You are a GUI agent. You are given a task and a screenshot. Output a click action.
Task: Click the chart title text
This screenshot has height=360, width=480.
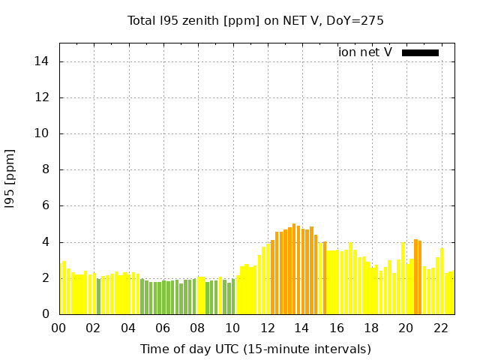pyautogui.click(x=255, y=21)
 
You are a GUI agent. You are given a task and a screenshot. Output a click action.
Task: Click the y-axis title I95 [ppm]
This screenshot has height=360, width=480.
pyautogui.click(x=10, y=178)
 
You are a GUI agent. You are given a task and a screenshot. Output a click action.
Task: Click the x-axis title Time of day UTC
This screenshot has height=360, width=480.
pyautogui.click(x=255, y=349)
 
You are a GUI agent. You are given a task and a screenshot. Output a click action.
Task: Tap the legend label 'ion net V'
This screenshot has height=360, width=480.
pyautogui.click(x=364, y=52)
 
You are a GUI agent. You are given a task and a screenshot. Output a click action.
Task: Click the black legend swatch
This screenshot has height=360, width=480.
pyautogui.click(x=420, y=52)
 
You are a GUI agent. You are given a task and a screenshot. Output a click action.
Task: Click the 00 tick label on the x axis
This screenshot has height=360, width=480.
pyautogui.click(x=58, y=328)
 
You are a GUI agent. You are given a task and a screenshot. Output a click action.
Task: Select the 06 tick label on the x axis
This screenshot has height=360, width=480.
pyautogui.click(x=163, y=328)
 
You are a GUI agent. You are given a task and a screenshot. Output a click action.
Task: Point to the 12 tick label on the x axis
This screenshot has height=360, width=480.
pyautogui.click(x=267, y=328)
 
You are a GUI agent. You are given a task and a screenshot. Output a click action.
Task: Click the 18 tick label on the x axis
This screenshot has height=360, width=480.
pyautogui.click(x=371, y=328)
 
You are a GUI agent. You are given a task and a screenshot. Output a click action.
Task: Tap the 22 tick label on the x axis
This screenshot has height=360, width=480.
pyautogui.click(x=440, y=328)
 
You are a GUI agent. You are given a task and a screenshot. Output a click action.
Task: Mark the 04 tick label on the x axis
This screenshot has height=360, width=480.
pyautogui.click(x=128, y=328)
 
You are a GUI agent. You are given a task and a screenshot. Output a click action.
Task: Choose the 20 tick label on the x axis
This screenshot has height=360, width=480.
pyautogui.click(x=406, y=328)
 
